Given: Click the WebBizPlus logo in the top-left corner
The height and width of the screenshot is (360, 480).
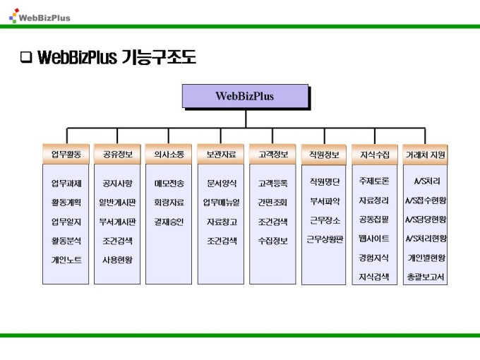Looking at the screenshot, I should tap(40, 16).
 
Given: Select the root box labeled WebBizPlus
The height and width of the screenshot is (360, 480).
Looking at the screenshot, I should tap(244, 96).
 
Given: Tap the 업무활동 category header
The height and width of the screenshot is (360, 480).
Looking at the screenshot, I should tap(66, 154).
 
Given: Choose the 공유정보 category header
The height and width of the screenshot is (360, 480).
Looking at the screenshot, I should tap(117, 154).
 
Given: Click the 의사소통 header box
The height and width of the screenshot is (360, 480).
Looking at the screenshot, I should tap(169, 154).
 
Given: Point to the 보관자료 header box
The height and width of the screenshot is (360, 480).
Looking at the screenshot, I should tap(221, 154).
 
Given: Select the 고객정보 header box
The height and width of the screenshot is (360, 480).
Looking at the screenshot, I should tap(272, 154).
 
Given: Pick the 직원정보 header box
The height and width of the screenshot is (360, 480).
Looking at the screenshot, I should tap(324, 154).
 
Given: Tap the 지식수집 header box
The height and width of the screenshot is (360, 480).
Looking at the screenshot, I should tap(374, 154).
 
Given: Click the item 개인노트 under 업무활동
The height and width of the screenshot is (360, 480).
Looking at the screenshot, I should tap(66, 260).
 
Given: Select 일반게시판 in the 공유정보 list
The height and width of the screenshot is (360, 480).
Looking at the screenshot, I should tap(117, 202).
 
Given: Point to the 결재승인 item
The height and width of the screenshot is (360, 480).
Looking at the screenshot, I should tap(169, 221).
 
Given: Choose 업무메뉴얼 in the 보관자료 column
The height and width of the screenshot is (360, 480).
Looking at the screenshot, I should tap(221, 202).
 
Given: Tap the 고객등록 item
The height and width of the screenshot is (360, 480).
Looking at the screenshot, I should tap(272, 183).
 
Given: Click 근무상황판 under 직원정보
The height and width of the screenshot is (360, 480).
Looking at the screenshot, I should tap(324, 239).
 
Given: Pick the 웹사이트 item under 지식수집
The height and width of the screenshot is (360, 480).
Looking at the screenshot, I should tap(374, 239).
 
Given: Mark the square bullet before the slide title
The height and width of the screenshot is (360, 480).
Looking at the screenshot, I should tap(26, 57).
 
